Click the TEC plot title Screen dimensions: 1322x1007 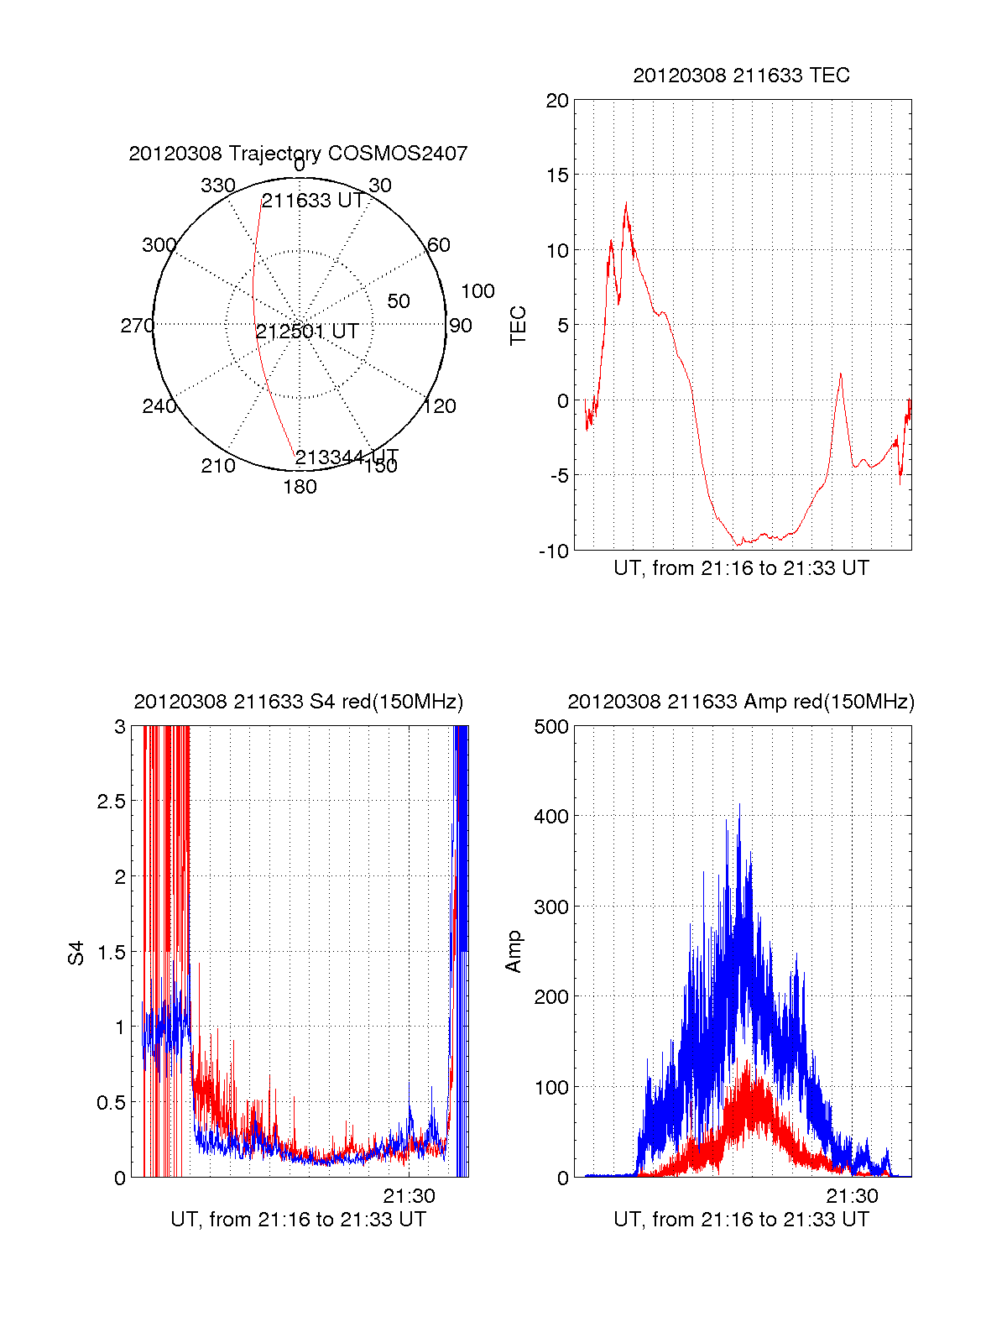[x=741, y=76]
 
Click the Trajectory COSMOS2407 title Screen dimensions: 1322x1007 [x=298, y=154]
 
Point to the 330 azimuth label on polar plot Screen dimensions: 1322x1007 [x=217, y=185]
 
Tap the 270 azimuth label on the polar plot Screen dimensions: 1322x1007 [x=137, y=326]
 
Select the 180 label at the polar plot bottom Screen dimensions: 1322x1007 [x=300, y=487]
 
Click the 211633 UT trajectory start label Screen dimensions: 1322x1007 [x=312, y=201]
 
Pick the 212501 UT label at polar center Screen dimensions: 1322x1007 [x=307, y=332]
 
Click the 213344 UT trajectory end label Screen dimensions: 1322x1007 [x=346, y=457]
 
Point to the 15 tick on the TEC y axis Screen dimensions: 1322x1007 [x=556, y=175]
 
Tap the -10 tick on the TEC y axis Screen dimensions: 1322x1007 [x=553, y=551]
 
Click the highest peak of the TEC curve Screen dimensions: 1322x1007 [x=626, y=203]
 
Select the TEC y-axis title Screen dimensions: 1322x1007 [x=519, y=326]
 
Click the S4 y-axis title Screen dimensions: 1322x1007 [x=76, y=953]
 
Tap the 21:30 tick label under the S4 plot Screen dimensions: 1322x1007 [x=410, y=1196]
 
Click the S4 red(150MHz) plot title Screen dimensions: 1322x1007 [x=298, y=702]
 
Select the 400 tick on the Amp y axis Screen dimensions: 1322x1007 [x=550, y=816]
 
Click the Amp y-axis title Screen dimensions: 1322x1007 [x=513, y=951]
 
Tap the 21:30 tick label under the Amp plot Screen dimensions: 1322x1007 [x=852, y=1196]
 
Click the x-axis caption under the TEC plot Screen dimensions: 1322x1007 [x=741, y=568]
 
